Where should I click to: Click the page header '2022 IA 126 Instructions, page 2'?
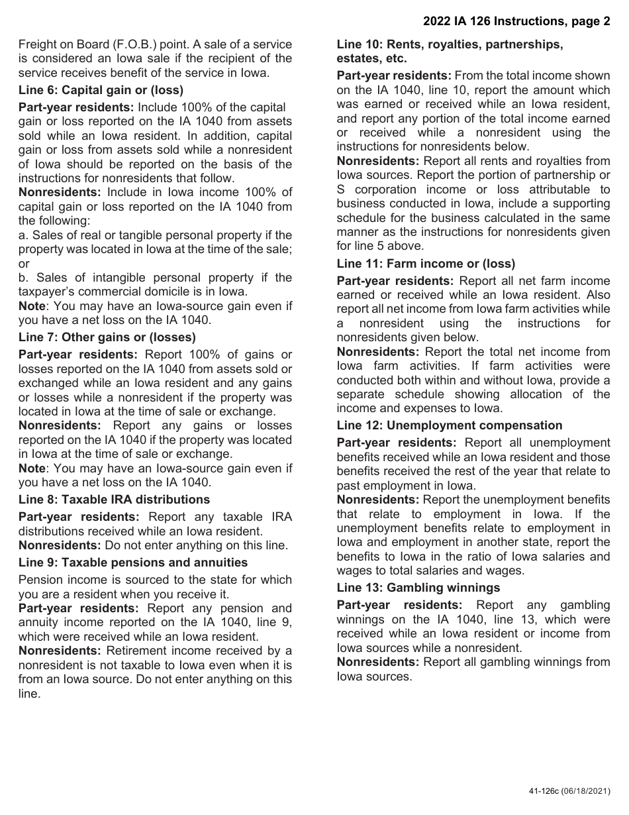[x=516, y=21]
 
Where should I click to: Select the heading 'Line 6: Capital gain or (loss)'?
[x=101, y=90]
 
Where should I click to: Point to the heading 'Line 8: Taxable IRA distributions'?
[x=114, y=500]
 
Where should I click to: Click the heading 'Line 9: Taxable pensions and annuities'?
[x=132, y=563]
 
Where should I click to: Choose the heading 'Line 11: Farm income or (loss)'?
[x=425, y=264]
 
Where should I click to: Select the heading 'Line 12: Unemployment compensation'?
[x=449, y=425]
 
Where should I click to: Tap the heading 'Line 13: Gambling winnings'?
[x=418, y=588]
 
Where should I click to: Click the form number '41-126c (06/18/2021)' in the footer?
[x=569, y=791]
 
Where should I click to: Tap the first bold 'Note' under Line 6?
[x=32, y=306]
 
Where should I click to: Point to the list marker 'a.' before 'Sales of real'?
[x=24, y=235]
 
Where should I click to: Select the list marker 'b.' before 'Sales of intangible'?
[x=24, y=278]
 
